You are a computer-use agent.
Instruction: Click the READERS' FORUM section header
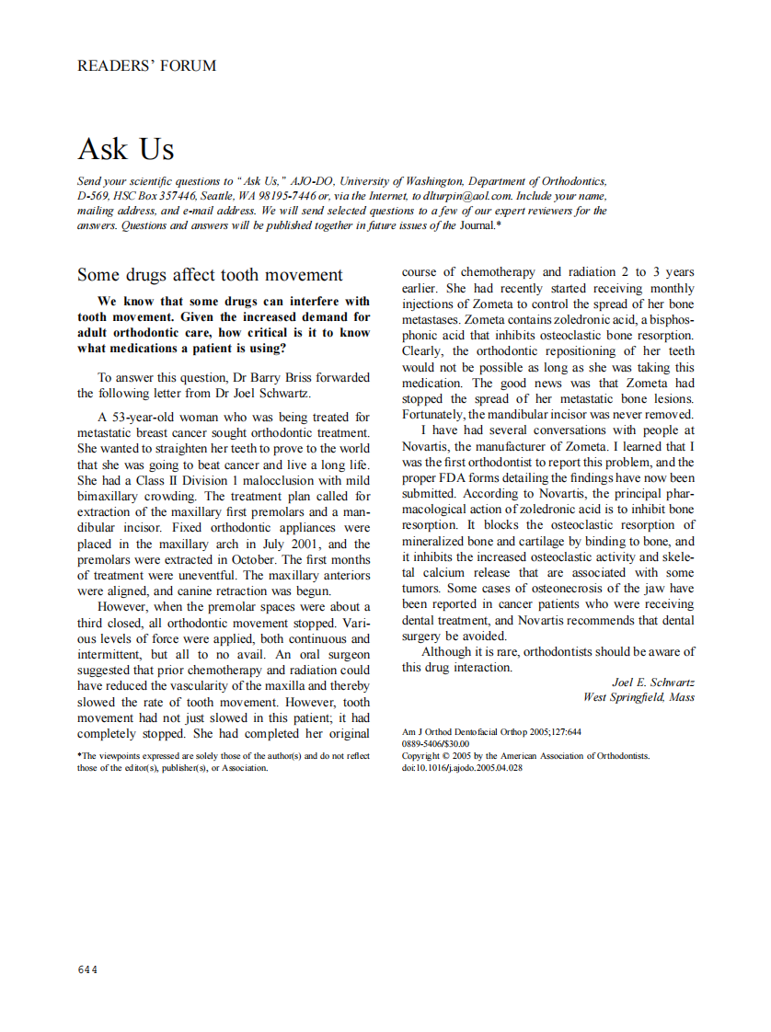click(x=147, y=66)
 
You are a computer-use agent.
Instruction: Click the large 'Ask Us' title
click(x=126, y=149)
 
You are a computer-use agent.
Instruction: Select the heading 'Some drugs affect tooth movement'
click(x=210, y=275)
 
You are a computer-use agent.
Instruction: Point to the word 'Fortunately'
click(x=433, y=414)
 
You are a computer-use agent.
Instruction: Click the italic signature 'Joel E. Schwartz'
click(x=652, y=682)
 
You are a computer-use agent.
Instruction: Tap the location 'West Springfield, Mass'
click(x=639, y=697)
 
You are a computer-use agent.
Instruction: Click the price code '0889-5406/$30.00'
click(x=435, y=744)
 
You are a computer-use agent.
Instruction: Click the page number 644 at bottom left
click(x=87, y=969)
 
